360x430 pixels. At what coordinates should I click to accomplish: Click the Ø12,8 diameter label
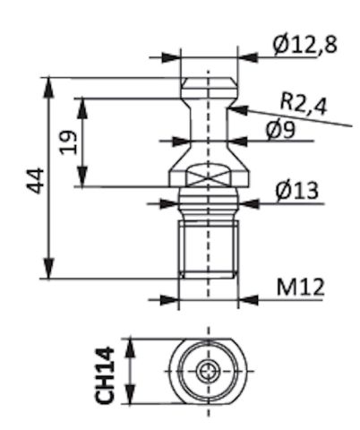point(304,46)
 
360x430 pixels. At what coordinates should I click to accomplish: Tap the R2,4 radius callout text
point(304,106)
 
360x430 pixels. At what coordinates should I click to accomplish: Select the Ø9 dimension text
point(280,130)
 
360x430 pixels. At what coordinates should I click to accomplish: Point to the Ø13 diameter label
point(296,191)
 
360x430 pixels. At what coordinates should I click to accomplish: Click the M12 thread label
point(300,287)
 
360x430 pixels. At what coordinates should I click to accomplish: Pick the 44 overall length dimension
point(36,181)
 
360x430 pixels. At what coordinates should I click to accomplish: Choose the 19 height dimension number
point(68,142)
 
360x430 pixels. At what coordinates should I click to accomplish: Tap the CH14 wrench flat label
point(105,375)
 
